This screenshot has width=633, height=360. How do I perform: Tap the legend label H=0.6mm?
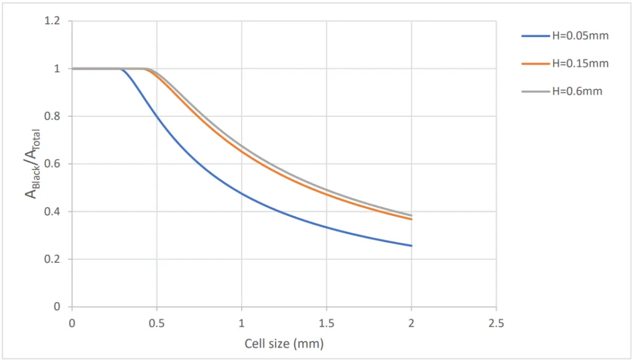[577, 91]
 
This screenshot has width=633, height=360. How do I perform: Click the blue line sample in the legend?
[535, 36]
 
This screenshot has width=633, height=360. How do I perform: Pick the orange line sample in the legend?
[535, 63]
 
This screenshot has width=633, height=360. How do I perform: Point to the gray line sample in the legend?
[535, 91]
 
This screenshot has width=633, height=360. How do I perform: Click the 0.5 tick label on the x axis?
[156, 322]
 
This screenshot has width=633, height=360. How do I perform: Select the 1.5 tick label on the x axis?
[326, 322]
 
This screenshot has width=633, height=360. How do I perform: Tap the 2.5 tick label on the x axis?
[496, 322]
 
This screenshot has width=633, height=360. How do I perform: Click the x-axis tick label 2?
[411, 322]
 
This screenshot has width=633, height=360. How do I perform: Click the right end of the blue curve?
[411, 246]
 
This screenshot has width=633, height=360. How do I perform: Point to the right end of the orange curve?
[411, 219]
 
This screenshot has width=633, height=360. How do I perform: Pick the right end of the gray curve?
[411, 215]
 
